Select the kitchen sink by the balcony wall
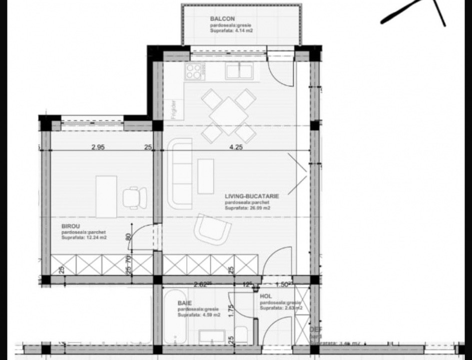tap(239, 71)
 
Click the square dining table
tap(229, 115)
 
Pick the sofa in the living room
tap(179, 173)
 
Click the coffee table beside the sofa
tap(205, 176)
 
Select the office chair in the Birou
tap(135, 197)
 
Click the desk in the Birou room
tap(106, 196)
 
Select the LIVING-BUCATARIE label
tap(252, 196)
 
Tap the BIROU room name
tap(70, 226)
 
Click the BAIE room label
tap(185, 303)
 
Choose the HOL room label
tap(266, 296)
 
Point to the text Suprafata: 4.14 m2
tap(232, 30)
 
